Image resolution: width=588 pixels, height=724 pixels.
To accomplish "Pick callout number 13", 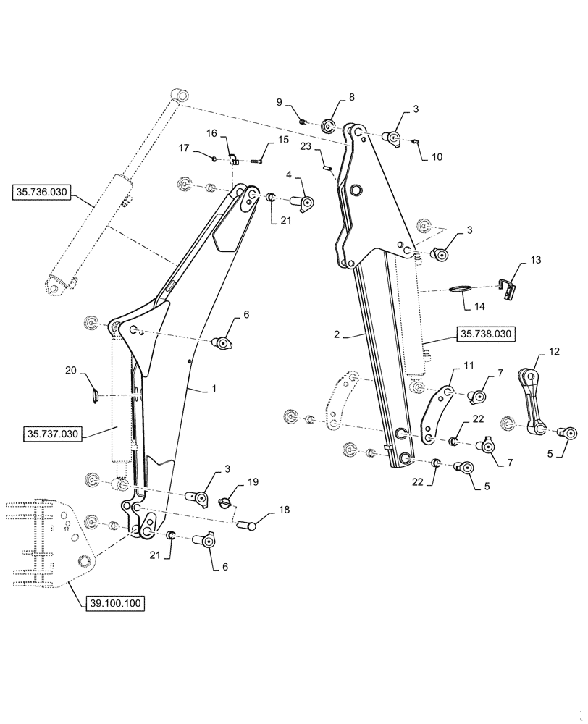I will pos(535,259).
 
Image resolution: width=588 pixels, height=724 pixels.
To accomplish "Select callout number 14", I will pos(479,306).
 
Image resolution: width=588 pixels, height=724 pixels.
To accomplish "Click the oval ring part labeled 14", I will pos(458,289).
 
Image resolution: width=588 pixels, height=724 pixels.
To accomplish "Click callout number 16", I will pos(211,133).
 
